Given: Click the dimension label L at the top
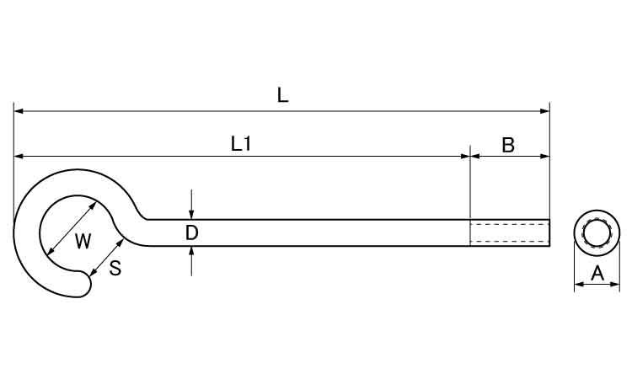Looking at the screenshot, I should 283,95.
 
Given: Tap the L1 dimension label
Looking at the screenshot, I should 241,144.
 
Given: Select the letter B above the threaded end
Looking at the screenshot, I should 508,144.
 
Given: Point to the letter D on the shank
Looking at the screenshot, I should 191,232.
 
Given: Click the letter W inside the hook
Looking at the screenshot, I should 82,243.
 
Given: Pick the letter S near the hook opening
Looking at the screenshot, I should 115,269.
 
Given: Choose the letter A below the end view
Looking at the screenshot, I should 597,272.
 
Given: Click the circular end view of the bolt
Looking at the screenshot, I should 597,232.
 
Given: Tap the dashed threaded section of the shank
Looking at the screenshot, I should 509,232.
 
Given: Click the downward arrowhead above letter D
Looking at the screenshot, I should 192,215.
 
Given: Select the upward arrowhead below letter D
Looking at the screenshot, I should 192,250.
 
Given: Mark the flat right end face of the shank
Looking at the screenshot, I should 549,232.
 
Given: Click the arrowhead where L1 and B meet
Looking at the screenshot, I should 469,156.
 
